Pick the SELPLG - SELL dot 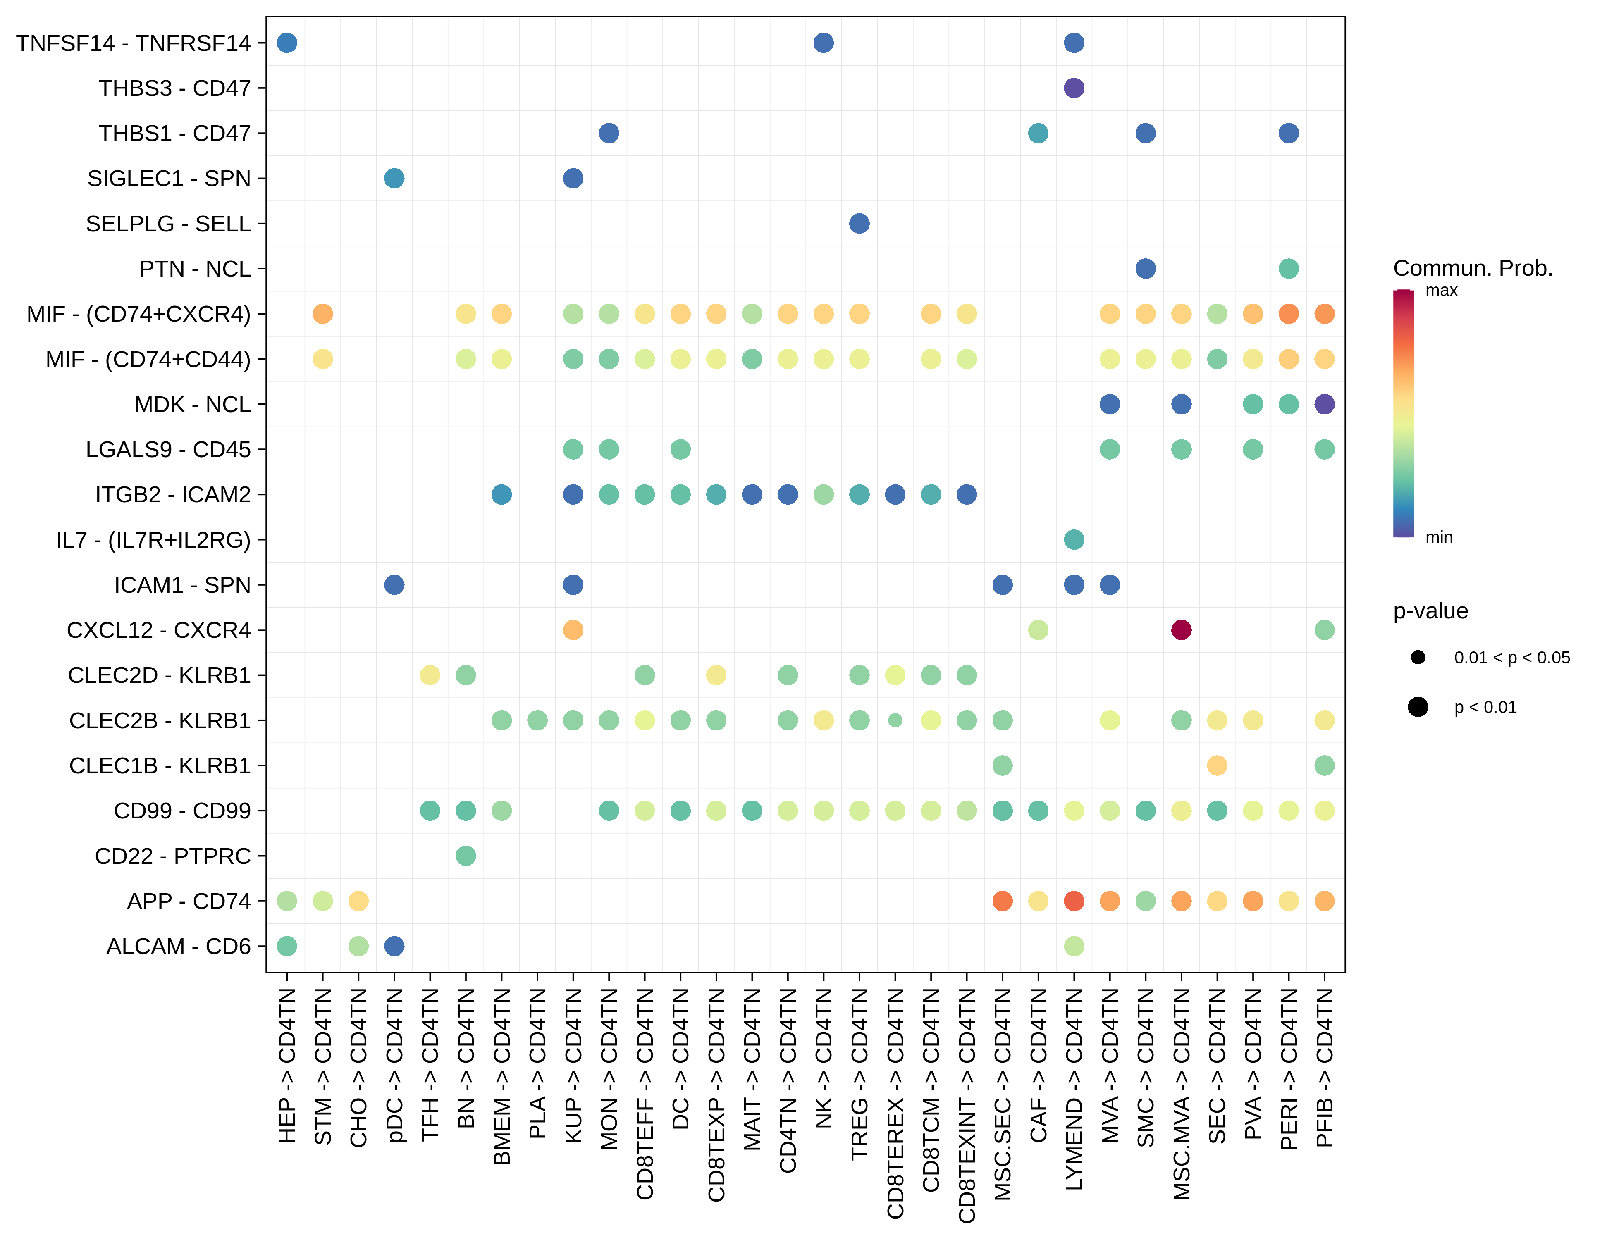[859, 224]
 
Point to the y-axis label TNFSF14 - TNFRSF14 [134, 43]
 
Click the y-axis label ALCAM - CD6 [178, 947]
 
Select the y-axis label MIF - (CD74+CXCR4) [138, 314]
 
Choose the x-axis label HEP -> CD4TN [287, 1066]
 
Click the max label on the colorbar [1441, 291]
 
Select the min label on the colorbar [1438, 537]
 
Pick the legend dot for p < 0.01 [1418, 707]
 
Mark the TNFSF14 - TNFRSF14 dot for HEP [287, 43]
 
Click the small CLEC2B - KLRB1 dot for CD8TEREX [895, 720]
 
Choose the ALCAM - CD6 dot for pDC [394, 946]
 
